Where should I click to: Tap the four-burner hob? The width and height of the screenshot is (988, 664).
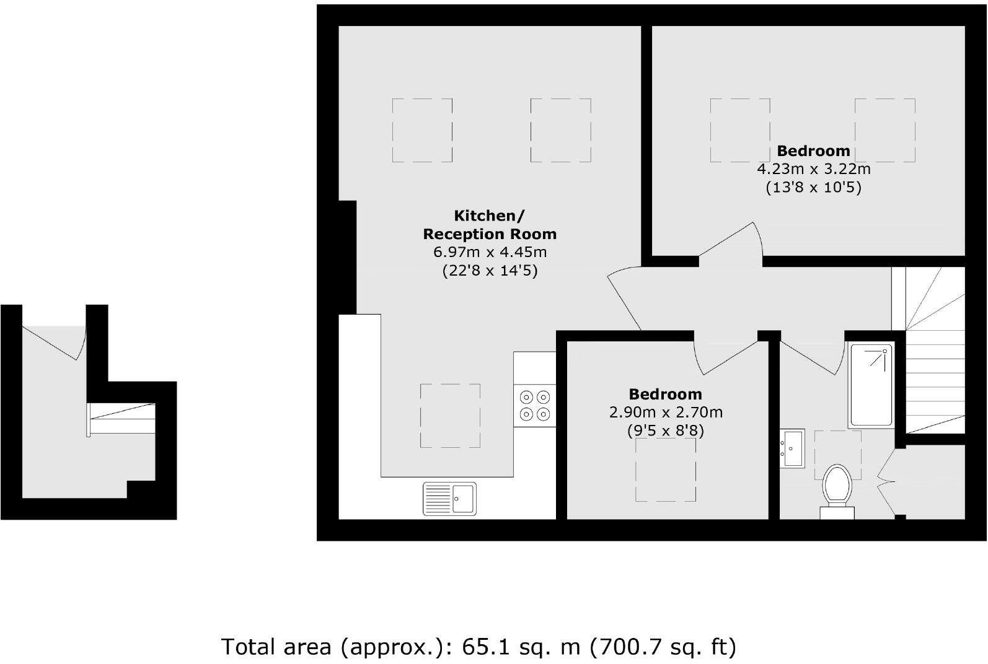(535, 405)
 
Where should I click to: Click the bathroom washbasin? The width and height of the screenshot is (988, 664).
(792, 448)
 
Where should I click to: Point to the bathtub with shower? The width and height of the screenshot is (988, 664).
(871, 385)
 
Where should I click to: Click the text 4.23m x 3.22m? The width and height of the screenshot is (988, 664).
(813, 169)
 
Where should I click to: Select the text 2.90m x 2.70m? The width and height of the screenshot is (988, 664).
(666, 412)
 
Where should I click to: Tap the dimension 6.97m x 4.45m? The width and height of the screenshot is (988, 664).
(490, 252)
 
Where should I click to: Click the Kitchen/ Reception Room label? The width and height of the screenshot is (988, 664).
(490, 225)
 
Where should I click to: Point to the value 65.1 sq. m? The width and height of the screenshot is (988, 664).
(521, 647)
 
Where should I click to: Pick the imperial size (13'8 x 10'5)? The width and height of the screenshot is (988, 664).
(813, 187)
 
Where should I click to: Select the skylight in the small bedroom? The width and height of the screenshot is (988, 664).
(666, 470)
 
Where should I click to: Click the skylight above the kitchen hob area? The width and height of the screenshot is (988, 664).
(450, 415)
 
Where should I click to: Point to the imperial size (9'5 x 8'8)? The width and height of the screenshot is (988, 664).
(666, 430)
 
